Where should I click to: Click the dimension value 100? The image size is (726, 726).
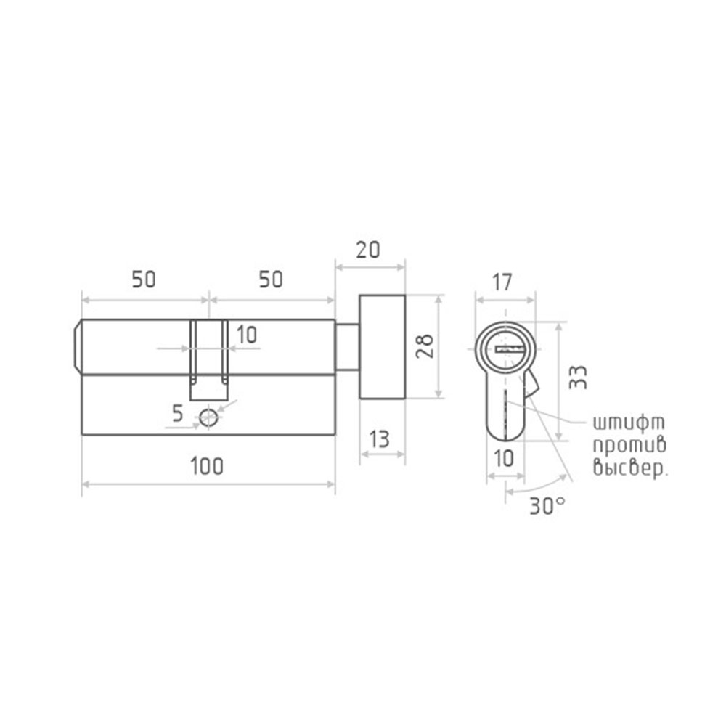pyautogui.click(x=207, y=466)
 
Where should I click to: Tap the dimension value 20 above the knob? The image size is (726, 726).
pyautogui.click(x=368, y=250)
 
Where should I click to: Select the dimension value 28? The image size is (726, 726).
pyautogui.click(x=425, y=346)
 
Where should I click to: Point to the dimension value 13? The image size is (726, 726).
pyautogui.click(x=380, y=439)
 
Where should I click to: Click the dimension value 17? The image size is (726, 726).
pyautogui.click(x=502, y=282)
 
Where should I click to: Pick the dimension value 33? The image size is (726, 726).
pyautogui.click(x=578, y=378)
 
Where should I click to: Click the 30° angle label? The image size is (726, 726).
pyautogui.click(x=547, y=507)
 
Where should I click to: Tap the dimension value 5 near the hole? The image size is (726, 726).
pyautogui.click(x=178, y=413)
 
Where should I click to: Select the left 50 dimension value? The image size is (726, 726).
pyautogui.click(x=144, y=280)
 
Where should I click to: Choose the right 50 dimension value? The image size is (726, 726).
pyautogui.click(x=271, y=280)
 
